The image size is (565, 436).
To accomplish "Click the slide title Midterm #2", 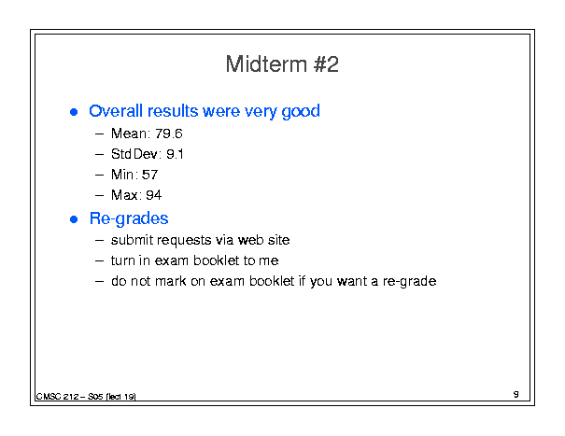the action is (282, 64).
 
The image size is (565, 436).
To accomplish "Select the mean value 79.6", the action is (169, 134).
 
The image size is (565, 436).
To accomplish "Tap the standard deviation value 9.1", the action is (175, 154).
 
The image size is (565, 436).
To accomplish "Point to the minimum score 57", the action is (149, 175).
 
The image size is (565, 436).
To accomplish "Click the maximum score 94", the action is (153, 195).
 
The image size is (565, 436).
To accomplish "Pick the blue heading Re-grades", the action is (129, 218).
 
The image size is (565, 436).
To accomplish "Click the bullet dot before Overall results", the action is (74, 112).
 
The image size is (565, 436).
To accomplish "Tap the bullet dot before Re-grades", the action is (74, 219).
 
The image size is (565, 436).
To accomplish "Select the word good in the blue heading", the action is (301, 111).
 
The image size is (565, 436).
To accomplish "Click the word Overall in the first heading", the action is (116, 110).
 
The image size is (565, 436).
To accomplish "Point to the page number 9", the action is (516, 394).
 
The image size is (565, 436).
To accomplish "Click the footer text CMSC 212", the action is (57, 397).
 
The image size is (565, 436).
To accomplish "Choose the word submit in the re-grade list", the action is (132, 240).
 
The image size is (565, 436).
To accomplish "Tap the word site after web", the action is (278, 240).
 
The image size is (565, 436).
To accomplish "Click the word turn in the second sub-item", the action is (122, 260).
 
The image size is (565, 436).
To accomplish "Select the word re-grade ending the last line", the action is (409, 281).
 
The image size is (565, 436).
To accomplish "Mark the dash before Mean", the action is (99, 134).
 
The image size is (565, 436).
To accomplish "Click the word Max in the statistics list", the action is (124, 195).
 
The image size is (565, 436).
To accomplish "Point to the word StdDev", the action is (134, 154).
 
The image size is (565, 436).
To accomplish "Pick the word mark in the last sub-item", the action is (171, 281).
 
